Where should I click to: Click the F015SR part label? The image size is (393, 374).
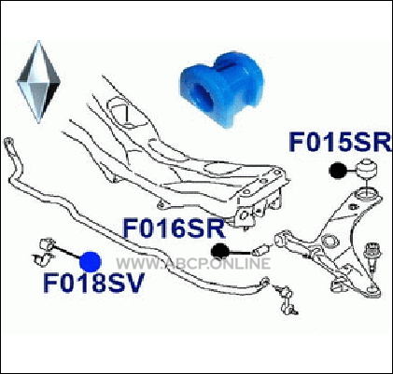point(340,142)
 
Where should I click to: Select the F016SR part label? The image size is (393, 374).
point(175,229)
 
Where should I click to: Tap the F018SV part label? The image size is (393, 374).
point(93,283)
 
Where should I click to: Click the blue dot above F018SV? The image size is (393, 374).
point(90,261)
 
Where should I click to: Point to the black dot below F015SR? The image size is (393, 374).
point(338,171)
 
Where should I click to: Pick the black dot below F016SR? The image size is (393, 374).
point(220,251)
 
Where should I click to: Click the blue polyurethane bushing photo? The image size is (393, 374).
point(222,90)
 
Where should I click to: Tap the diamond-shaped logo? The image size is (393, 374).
point(38,82)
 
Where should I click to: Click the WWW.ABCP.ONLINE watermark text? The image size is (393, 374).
point(193,264)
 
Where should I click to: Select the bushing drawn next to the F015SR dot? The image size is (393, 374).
point(368,170)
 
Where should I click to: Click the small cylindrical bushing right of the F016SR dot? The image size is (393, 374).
point(261,250)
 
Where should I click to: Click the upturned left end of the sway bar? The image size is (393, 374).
point(10,148)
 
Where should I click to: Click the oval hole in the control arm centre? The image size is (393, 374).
point(330,242)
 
